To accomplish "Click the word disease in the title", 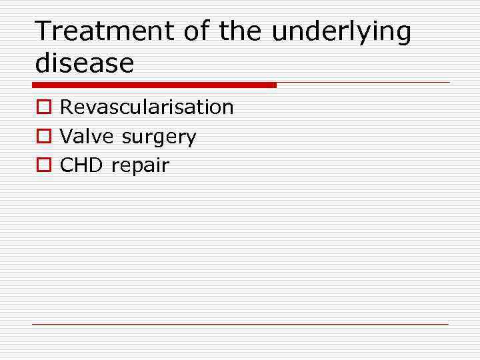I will coord(84,63).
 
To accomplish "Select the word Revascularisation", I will coord(147,107).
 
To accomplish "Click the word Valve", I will coord(87,137).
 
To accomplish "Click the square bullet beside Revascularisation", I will coord(43,108).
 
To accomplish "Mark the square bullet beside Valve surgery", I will coord(43,137).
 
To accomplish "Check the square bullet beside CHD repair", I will coord(43,166).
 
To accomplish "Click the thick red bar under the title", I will coord(153,85).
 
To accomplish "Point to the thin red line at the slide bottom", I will coord(240,325).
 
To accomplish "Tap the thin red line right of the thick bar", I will coord(363,83).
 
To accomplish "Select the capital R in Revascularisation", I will coord(66,107).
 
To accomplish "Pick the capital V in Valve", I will coord(66,137).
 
